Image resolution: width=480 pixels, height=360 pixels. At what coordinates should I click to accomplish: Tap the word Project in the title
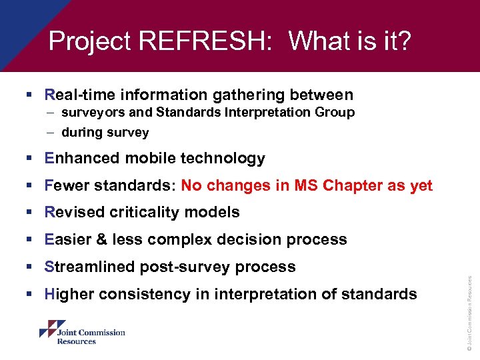[x=89, y=42]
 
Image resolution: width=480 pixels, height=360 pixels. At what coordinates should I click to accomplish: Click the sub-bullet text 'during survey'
[x=105, y=133]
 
